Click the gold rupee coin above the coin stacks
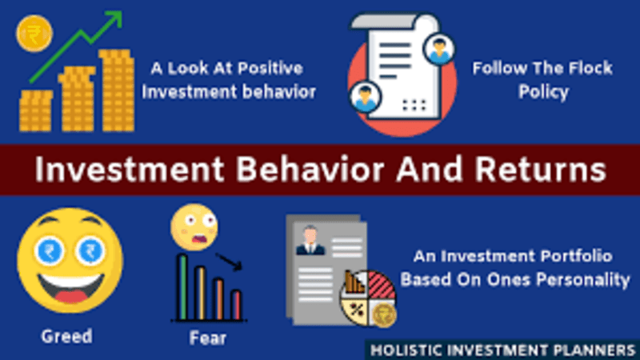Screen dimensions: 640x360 tap(34, 34)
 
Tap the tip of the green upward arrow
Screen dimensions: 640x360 tap(122, 12)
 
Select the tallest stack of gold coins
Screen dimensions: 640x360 tap(118, 90)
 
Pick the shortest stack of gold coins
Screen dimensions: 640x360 tap(36, 111)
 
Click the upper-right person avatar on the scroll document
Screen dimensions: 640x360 tap(439, 49)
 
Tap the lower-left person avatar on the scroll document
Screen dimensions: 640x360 tap(365, 97)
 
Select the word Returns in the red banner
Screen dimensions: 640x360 tap(541, 170)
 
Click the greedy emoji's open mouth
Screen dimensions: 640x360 tap(71, 287)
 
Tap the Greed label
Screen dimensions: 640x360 tap(66, 336)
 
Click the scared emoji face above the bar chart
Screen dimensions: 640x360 tap(194, 227)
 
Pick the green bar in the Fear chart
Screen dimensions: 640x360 tap(183, 287)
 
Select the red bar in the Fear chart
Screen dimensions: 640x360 tap(236, 305)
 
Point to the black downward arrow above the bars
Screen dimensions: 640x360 tap(230, 262)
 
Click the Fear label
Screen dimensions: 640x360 tap(207, 338)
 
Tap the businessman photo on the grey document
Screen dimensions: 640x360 tap(310, 241)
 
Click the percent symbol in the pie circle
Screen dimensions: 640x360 tap(356, 310)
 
